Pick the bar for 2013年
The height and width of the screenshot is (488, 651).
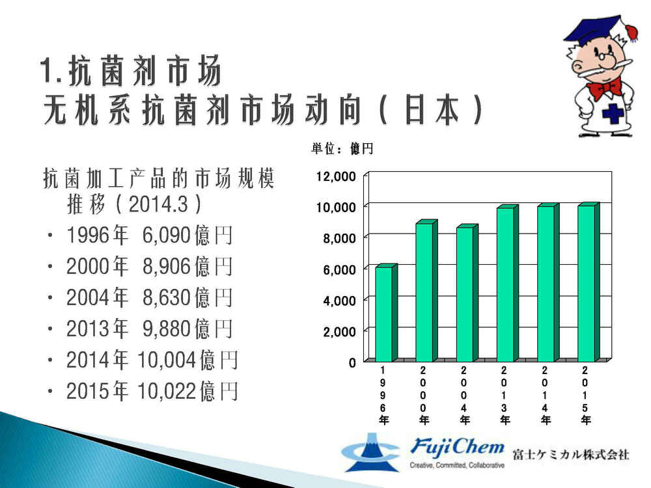[508, 283]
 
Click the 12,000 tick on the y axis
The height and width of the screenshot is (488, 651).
[336, 176]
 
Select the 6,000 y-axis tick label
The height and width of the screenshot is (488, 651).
[339, 270]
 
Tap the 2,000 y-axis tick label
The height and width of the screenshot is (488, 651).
[339, 332]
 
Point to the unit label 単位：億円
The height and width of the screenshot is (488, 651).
[342, 148]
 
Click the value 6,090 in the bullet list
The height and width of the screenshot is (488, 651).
[166, 236]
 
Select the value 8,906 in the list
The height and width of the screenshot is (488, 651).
[166, 266]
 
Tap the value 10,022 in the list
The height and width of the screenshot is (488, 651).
[166, 391]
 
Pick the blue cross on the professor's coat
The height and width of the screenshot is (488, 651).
[613, 113]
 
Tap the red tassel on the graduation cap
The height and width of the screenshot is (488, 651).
[631, 32]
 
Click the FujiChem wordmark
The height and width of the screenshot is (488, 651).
[457, 447]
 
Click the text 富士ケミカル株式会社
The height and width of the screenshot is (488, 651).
[571, 454]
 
